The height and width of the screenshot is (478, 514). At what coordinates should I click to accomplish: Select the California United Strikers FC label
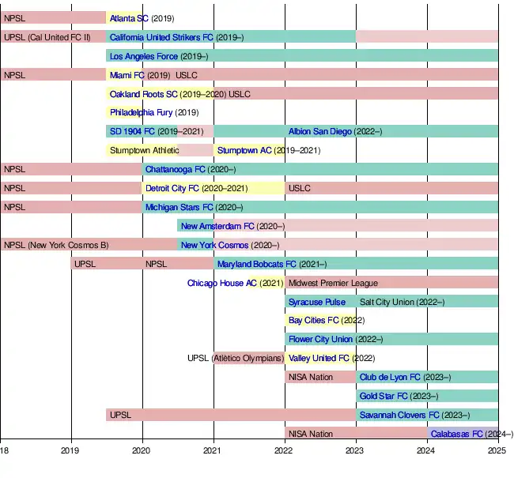(161, 37)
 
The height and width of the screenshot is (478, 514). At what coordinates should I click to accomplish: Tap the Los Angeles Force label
(144, 56)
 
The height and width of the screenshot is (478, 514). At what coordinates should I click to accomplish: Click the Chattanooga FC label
(175, 169)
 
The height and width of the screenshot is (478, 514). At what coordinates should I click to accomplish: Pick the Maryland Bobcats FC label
(257, 264)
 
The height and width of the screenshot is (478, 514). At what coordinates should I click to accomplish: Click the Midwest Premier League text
(333, 283)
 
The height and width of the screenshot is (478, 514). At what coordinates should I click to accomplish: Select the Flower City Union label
(320, 340)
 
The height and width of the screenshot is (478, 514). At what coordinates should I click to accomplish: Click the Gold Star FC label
(384, 397)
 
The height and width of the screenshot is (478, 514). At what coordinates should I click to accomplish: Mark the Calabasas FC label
(457, 435)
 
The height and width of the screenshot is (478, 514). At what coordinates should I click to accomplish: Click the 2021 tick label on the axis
(213, 451)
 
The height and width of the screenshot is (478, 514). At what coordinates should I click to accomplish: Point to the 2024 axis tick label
(425, 451)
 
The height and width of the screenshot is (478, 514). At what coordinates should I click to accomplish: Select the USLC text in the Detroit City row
(300, 188)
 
